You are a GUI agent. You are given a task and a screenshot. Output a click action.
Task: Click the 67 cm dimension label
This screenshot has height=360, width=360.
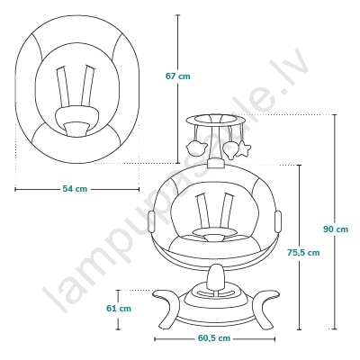178,76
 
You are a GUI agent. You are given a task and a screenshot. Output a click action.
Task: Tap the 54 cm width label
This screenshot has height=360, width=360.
75,189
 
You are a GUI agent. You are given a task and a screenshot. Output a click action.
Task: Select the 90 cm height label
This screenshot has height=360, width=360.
336,229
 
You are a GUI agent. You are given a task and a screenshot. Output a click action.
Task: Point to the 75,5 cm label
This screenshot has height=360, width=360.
303,253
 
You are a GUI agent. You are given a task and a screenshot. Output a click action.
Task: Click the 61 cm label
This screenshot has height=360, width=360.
119,308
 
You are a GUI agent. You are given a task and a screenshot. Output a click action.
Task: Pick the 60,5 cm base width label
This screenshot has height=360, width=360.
214,338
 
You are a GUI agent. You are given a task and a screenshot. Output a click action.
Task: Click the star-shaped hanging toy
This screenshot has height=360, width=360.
243,148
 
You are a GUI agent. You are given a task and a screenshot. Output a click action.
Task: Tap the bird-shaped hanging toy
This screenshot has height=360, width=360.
196,148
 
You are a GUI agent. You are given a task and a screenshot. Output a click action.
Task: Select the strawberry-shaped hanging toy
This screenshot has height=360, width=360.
231,149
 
